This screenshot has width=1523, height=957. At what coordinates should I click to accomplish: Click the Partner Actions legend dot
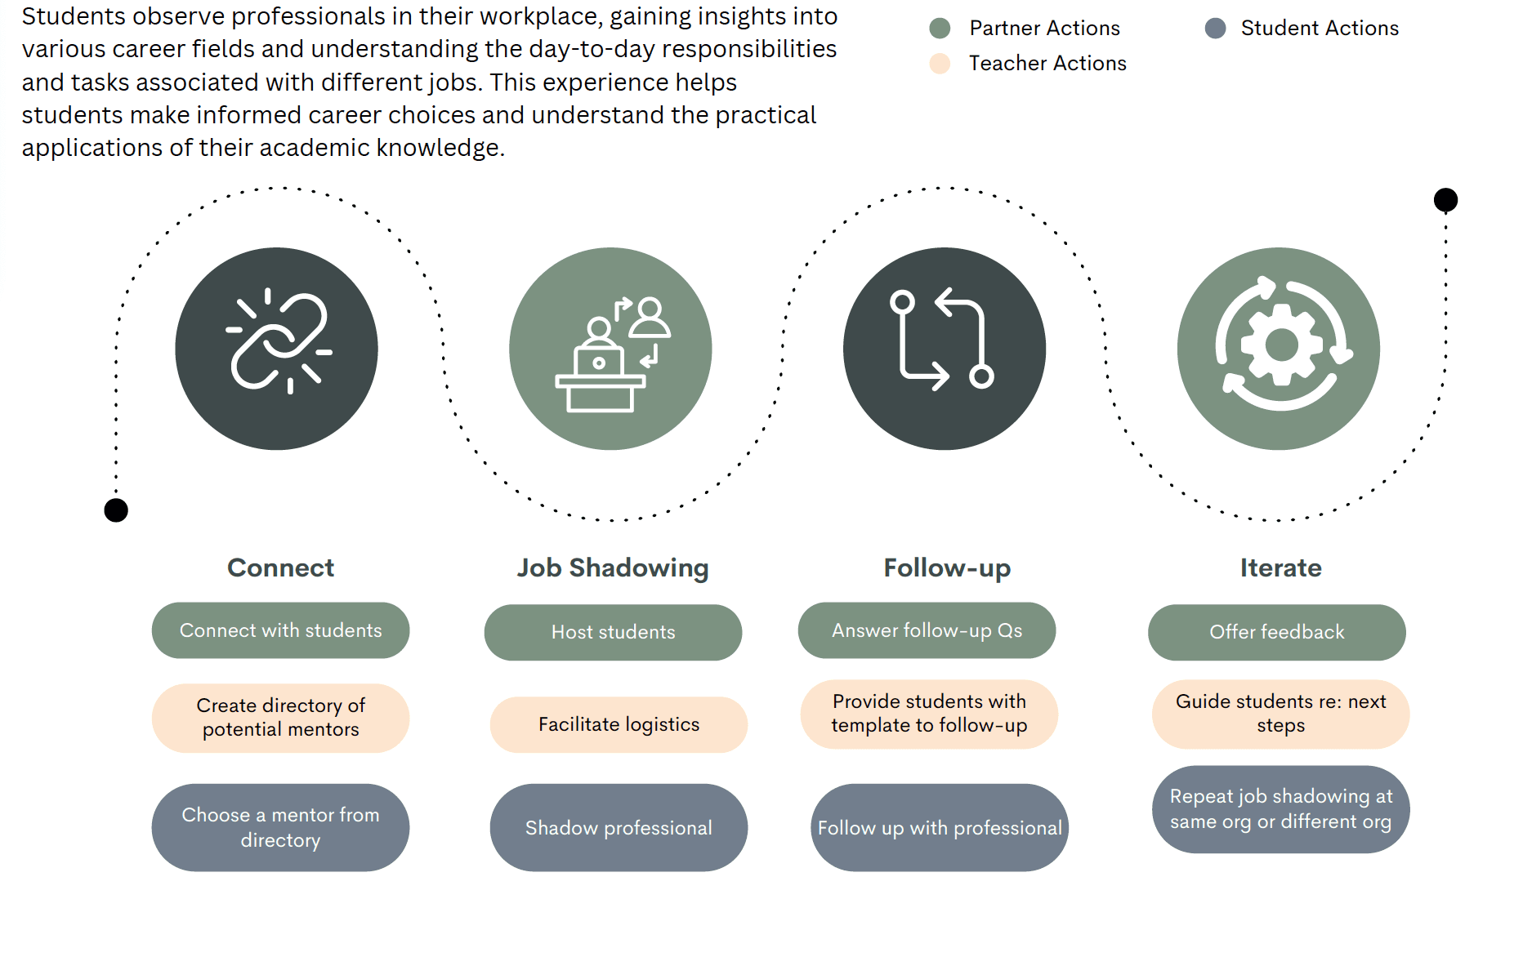pyautogui.click(x=940, y=29)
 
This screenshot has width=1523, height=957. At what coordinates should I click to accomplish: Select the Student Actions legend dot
pyautogui.click(x=1215, y=29)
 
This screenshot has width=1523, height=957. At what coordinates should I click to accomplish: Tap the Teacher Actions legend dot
pyautogui.click(x=940, y=64)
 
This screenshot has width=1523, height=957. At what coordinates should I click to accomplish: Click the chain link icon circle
pyautogui.click(x=276, y=349)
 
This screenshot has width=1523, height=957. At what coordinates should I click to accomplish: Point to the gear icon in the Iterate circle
pyautogui.click(x=1280, y=345)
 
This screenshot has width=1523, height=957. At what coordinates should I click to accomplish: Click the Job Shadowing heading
pyautogui.click(x=613, y=568)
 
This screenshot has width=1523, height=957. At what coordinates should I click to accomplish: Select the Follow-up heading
pyautogui.click(x=947, y=568)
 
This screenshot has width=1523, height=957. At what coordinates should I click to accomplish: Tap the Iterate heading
pyautogui.click(x=1280, y=568)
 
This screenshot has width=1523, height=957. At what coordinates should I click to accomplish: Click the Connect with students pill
pyautogui.click(x=280, y=630)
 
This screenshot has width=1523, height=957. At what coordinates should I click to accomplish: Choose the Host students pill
pyautogui.click(x=613, y=632)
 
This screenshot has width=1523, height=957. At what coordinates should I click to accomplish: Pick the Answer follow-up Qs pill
pyautogui.click(x=927, y=630)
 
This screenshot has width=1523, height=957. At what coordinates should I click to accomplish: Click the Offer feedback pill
pyautogui.click(x=1276, y=632)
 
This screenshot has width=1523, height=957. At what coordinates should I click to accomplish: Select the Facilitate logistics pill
pyautogui.click(x=619, y=724)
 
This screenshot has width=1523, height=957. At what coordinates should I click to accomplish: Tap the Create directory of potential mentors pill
pyautogui.click(x=280, y=718)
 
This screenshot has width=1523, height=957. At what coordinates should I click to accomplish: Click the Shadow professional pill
pyautogui.click(x=619, y=827)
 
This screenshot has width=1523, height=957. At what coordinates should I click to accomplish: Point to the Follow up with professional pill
pyautogui.click(x=940, y=827)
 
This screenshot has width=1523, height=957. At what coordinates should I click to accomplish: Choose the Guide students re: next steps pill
pyautogui.click(x=1280, y=714)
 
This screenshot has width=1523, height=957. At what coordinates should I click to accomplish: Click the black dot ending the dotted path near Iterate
pyautogui.click(x=1445, y=199)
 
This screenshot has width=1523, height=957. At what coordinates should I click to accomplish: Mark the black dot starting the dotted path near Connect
pyautogui.click(x=116, y=510)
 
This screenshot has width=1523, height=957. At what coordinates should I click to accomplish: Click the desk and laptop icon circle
pyautogui.click(x=610, y=349)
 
